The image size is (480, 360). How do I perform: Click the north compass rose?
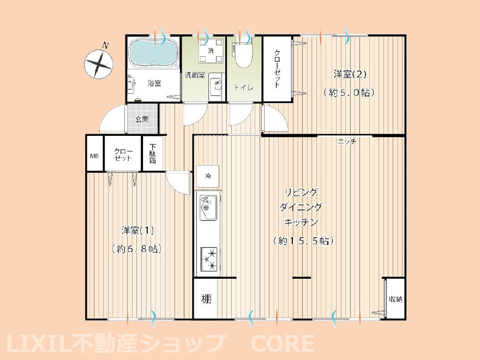click(98, 64)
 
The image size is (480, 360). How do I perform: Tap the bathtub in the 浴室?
click(153, 54)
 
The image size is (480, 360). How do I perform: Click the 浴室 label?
click(154, 83)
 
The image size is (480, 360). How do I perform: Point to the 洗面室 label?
click(195, 75)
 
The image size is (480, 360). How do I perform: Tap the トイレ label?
click(242, 88)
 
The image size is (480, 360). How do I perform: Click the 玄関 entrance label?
click(141, 119)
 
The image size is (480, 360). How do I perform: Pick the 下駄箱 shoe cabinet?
click(153, 154)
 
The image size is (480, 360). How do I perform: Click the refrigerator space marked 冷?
click(208, 176)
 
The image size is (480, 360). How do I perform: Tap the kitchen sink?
click(208, 207)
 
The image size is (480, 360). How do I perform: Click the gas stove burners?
click(209, 259)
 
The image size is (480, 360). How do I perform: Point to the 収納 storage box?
click(395, 299)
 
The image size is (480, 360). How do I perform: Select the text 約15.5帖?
click(303, 241)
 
